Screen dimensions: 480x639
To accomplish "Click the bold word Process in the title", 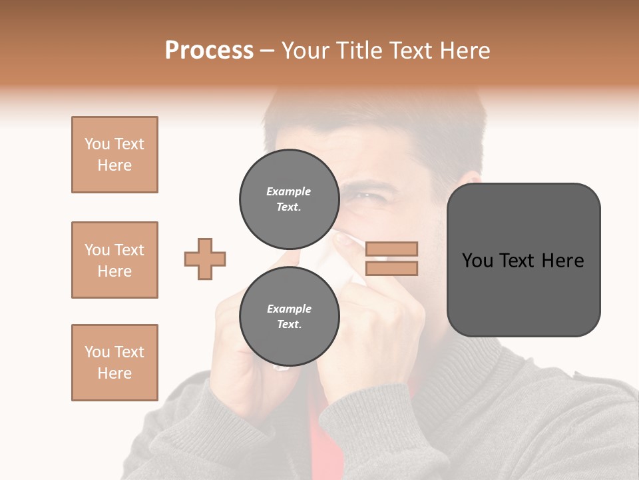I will coord(209,51).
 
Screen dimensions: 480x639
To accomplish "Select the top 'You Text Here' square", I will coord(114,155).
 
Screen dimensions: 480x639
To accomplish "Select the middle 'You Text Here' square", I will coord(114,260).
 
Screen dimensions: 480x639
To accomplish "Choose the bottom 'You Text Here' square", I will coord(114,363).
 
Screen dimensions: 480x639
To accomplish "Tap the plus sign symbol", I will coord(205,259).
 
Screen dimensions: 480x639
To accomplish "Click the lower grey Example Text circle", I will coord(289,317).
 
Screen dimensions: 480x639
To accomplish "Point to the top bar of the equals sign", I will coord(391,249).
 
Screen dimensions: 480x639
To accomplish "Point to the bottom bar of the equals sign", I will coord(391,269).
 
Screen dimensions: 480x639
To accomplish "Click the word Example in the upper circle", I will coord(289,191).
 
